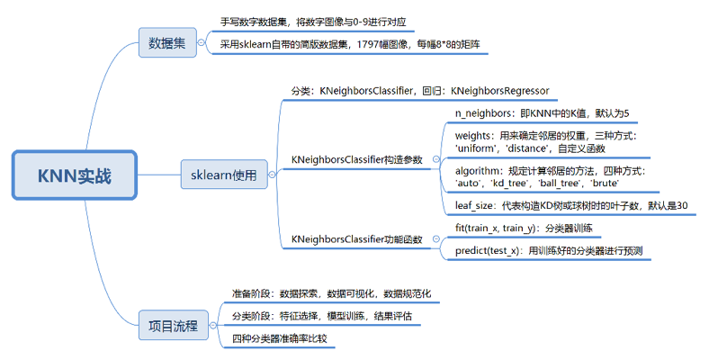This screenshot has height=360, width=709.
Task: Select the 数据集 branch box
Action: [166, 42]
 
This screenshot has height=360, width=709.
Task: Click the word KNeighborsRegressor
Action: [499, 91]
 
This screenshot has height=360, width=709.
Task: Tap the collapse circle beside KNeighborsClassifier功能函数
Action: [435, 239]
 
